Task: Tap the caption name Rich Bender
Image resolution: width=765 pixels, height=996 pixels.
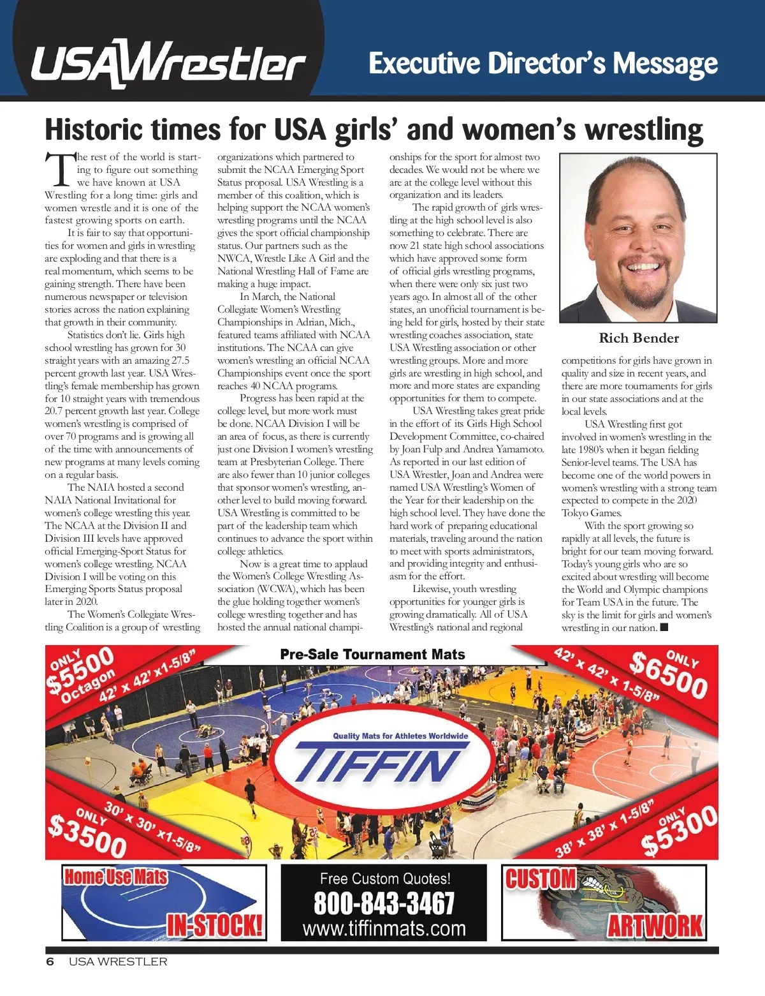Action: [x=639, y=338]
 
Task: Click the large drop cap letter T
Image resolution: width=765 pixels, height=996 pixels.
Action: [x=60, y=169]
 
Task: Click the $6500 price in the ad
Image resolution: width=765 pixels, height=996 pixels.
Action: [x=668, y=676]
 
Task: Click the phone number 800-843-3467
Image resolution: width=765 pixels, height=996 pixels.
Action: [x=384, y=903]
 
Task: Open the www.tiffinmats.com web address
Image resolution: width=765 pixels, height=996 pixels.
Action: [x=384, y=928]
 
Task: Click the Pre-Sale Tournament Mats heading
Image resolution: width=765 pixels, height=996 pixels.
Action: [x=372, y=655]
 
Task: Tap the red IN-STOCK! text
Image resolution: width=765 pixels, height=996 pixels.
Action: [x=215, y=925]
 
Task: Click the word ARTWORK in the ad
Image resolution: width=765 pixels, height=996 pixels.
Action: [x=655, y=926]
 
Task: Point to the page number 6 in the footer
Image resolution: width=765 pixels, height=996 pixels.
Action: [x=50, y=962]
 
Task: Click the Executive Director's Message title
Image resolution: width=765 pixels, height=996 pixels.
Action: [x=543, y=64]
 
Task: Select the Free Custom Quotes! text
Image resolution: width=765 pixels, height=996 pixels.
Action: [x=385, y=879]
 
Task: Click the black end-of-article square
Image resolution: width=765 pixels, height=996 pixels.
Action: [x=664, y=627]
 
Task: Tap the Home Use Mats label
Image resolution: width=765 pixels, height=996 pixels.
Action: [x=115, y=877]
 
